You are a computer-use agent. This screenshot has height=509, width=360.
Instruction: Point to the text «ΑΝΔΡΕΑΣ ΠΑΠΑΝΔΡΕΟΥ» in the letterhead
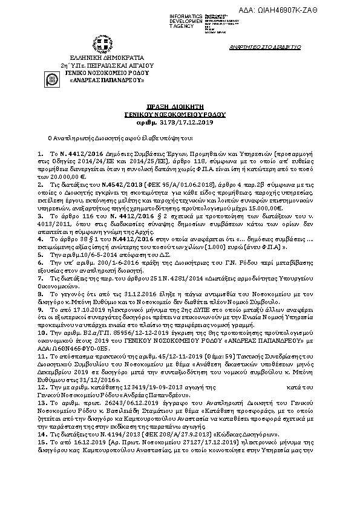point(101,79)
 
